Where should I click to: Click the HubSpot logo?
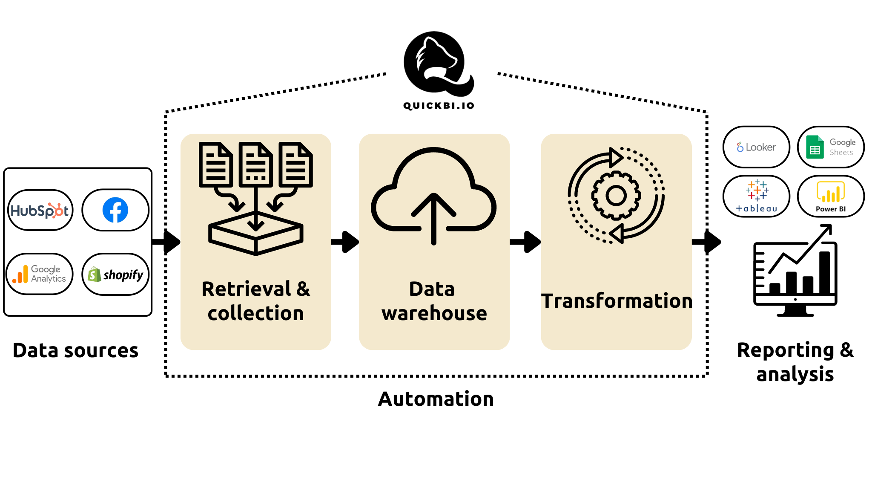coord(40,211)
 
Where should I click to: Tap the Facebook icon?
coord(115,210)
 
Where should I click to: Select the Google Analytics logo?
coord(39,274)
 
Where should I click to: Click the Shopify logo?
coord(115,274)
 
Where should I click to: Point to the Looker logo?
coord(756,147)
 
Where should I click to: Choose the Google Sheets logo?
coord(830,147)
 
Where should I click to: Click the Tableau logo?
coord(757,196)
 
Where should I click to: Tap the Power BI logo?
coord(830,196)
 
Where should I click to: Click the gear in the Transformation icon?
coord(616,196)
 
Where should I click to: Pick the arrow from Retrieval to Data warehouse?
coord(345,242)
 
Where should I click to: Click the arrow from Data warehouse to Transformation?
coord(525,242)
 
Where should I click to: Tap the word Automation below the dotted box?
coord(436,399)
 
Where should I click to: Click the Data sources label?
coord(75,351)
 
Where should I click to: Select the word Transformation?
coord(616,301)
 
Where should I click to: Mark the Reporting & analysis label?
coord(795,362)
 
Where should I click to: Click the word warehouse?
coord(434,313)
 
